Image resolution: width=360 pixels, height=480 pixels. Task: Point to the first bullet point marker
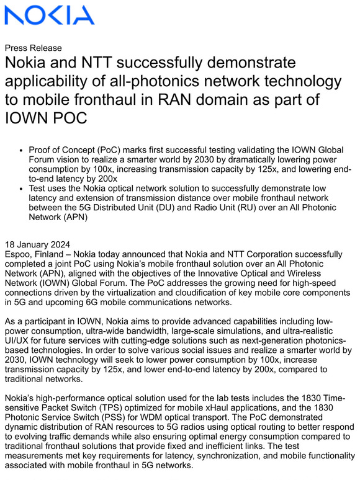click(22, 151)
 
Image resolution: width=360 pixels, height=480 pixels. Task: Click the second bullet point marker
click(22, 189)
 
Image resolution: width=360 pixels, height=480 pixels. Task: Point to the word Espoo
click(18, 254)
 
